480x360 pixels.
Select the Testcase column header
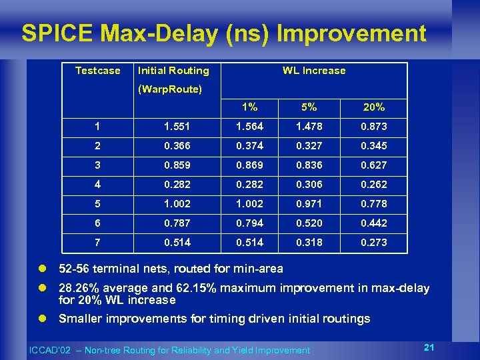pyautogui.click(x=98, y=71)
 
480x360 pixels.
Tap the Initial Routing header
pyautogui.click(x=173, y=71)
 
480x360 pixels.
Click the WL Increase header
pyautogui.click(x=314, y=71)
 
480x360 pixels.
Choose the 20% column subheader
pyautogui.click(x=374, y=107)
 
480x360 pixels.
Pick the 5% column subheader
pyautogui.click(x=309, y=107)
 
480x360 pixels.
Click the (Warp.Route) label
pyautogui.click(x=169, y=89)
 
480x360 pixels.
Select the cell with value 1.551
pyautogui.click(x=178, y=127)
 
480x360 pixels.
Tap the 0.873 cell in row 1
pyautogui.click(x=374, y=127)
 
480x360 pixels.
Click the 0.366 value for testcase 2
pyautogui.click(x=178, y=146)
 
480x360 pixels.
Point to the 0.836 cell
pyautogui.click(x=309, y=165)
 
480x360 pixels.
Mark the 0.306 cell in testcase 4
pyautogui.click(x=309, y=185)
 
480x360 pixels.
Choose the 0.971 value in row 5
pyautogui.click(x=309, y=204)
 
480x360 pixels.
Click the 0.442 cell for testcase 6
pyautogui.click(x=374, y=223)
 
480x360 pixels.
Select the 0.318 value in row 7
pyautogui.click(x=309, y=243)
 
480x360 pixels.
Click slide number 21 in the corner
pyautogui.click(x=429, y=347)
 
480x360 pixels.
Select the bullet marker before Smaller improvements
pyautogui.click(x=41, y=319)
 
